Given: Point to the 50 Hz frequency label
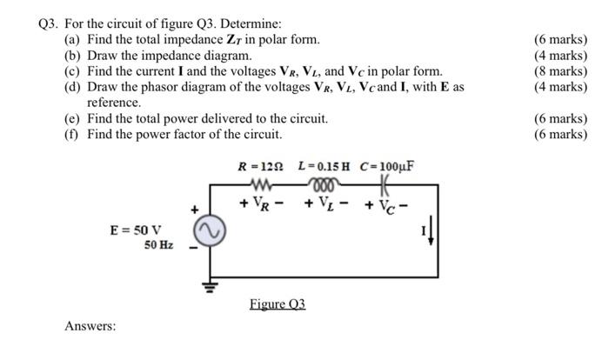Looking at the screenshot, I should [x=159, y=245].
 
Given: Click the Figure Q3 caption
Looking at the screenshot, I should [x=277, y=304].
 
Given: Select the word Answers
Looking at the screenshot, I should [x=90, y=326].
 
